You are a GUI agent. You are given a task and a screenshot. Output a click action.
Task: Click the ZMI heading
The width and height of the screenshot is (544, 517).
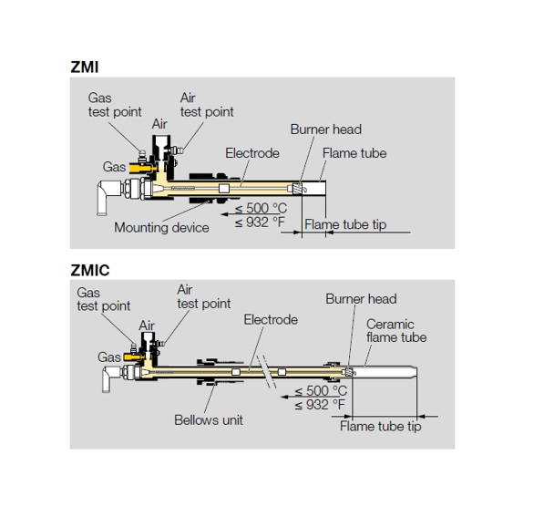85,67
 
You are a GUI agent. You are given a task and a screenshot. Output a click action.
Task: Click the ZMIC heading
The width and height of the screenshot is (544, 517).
90,270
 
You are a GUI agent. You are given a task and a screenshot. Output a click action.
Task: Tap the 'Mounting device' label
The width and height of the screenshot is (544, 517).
161,228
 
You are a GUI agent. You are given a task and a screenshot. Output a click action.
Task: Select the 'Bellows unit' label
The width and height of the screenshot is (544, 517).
209,420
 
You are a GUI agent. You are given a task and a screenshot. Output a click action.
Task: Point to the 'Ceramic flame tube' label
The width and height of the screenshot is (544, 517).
396,331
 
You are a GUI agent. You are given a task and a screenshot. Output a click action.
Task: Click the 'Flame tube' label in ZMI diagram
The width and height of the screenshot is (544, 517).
354,153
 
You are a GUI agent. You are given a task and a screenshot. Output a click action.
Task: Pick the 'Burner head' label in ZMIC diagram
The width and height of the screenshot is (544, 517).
361,299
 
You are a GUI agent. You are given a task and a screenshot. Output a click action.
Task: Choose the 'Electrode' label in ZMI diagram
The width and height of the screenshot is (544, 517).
252,153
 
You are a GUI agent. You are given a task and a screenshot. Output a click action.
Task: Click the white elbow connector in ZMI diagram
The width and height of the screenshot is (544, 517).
108,195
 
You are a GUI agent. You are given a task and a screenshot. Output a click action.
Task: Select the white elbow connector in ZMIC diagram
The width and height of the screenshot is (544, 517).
110,377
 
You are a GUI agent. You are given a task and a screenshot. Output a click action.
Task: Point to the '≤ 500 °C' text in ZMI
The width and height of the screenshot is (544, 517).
261,208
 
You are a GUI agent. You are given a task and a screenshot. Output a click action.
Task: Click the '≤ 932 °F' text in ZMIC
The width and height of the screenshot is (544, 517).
320,405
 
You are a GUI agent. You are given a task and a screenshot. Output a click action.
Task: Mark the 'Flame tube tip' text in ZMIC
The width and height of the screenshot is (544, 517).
381,427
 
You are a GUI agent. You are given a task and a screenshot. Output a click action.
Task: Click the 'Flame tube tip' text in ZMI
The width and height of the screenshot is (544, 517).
345,224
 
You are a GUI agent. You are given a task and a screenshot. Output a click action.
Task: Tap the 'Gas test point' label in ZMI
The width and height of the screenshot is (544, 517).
115,105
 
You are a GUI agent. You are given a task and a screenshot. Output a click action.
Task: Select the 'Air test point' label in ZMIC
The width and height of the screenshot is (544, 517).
203,296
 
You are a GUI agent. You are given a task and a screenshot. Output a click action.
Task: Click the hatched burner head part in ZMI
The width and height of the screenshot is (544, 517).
297,188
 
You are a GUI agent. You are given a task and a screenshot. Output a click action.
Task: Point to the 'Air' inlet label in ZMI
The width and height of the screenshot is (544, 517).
159,124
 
